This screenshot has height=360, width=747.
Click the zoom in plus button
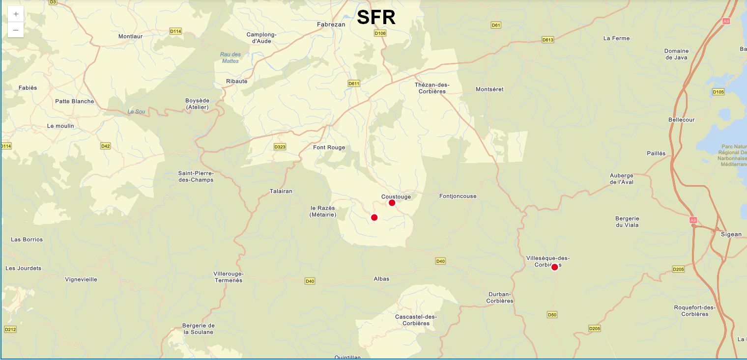point(16,14)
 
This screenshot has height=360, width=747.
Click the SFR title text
point(376,17)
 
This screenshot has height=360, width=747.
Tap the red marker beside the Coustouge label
point(392,203)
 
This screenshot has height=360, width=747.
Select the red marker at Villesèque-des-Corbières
point(554,267)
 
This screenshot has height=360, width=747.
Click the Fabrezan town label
point(331,24)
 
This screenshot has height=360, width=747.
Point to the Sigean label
point(731,234)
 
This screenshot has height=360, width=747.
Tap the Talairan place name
point(281,191)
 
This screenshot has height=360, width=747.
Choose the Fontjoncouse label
point(458,196)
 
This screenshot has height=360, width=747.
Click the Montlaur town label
point(130,36)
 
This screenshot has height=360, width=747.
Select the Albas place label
point(381,279)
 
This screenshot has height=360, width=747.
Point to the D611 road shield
point(354,83)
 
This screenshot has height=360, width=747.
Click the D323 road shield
point(280,147)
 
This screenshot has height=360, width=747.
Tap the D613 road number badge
point(547,40)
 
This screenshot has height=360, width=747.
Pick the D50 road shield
point(552,314)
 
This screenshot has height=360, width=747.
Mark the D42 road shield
point(106,146)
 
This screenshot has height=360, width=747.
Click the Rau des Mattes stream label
point(230,57)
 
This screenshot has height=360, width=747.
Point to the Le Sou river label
point(137,111)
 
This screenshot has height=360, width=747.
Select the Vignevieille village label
point(81,279)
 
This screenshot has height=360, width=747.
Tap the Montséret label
point(489,89)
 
